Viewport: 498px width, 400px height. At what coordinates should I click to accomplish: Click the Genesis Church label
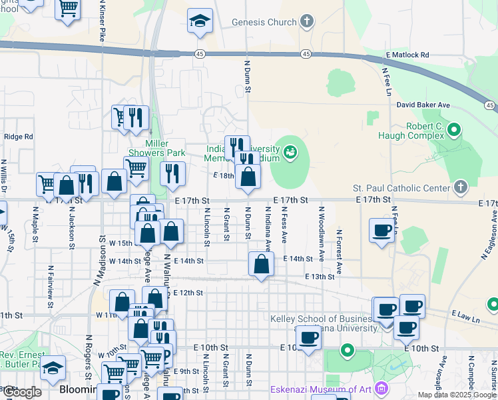pyautogui.click(x=264, y=22)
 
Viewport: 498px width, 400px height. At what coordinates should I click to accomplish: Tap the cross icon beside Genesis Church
pyautogui.click(x=306, y=21)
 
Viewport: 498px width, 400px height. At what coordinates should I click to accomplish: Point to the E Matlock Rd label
pyautogui.click(x=407, y=55)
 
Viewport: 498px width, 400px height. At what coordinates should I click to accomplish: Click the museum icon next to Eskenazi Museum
pyautogui.click(x=381, y=388)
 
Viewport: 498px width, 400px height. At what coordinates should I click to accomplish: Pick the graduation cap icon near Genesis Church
pyautogui.click(x=200, y=21)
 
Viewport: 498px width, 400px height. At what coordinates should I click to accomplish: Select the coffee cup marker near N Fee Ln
pyautogui.click(x=382, y=230)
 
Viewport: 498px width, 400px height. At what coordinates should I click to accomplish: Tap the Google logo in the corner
pyautogui.click(x=22, y=392)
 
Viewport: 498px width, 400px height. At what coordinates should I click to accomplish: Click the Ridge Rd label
pyautogui.click(x=18, y=137)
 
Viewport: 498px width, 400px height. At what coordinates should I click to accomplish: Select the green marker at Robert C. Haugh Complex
pyautogui.click(x=455, y=129)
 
